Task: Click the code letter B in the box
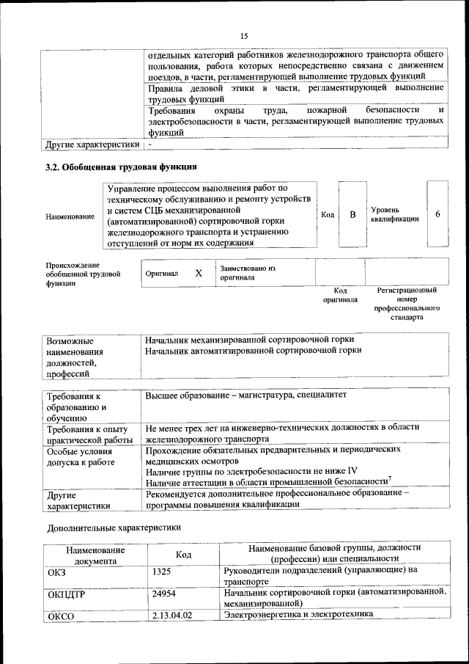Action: coord(352,214)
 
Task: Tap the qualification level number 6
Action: coord(437,214)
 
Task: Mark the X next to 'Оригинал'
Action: coord(198,273)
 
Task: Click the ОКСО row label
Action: coord(62,616)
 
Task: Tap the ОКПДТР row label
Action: coord(66,595)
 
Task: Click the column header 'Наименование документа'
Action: coord(95,555)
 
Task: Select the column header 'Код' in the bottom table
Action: coord(184,555)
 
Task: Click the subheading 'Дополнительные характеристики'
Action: coord(114,527)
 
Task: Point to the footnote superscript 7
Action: coord(390,478)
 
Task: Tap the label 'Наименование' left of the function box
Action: coord(70,216)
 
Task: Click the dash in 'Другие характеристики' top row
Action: coord(149,144)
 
